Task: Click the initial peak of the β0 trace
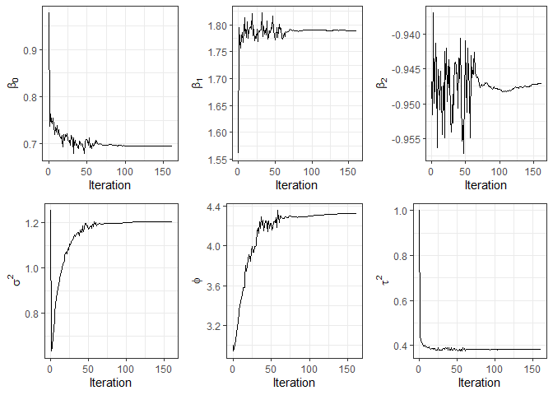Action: click(x=49, y=12)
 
